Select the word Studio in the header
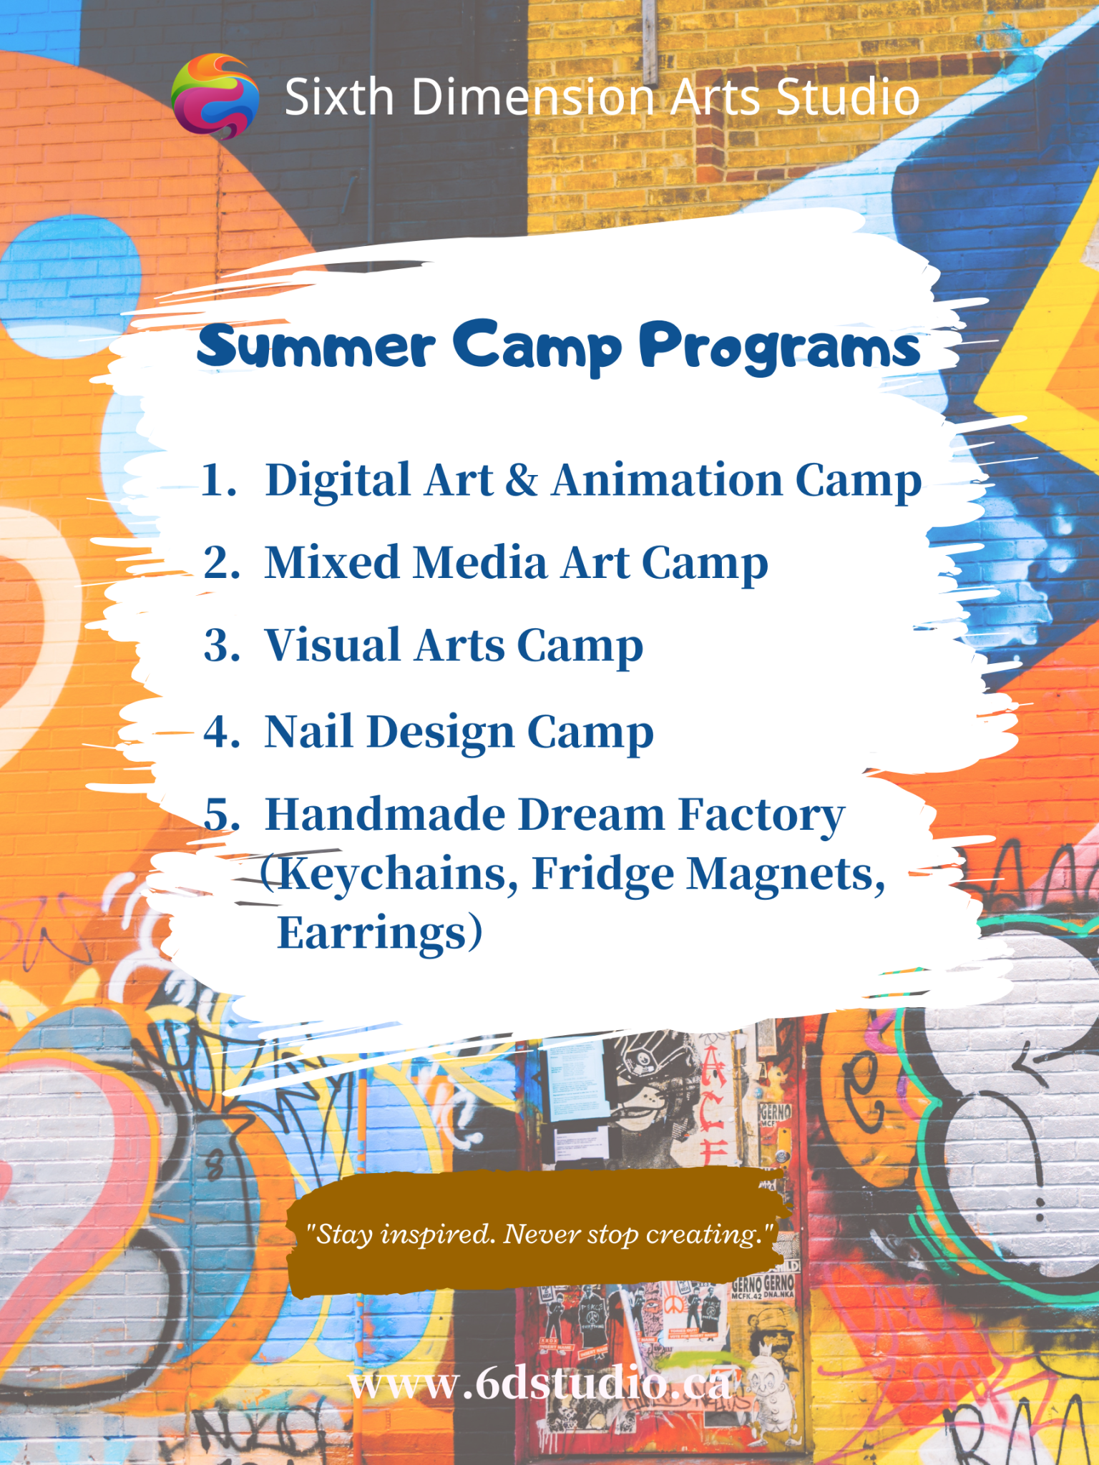point(848,97)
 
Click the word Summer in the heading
point(316,346)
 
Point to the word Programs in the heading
point(780,348)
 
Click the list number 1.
point(219,479)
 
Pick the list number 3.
point(222,645)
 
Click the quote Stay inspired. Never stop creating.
point(540,1234)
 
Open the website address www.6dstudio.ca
point(540,1383)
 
